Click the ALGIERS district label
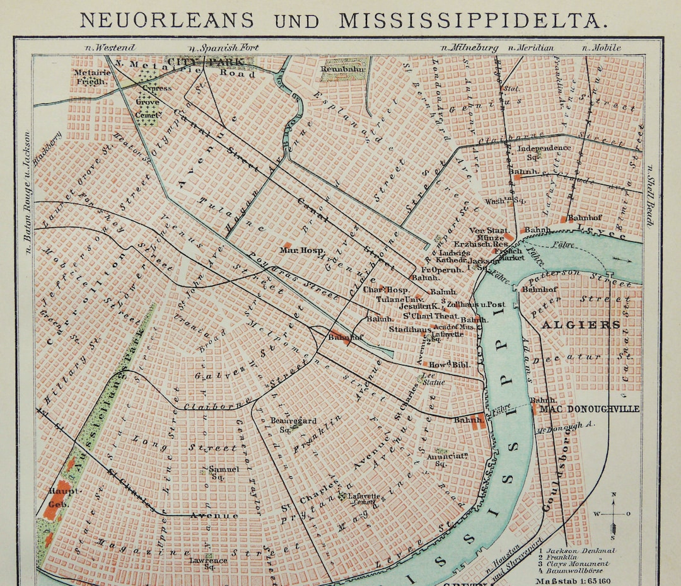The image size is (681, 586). click(580, 325)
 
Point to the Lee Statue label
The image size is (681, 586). click(434, 379)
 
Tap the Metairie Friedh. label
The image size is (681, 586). click(91, 76)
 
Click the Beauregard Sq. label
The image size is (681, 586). click(284, 424)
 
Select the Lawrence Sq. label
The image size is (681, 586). click(209, 563)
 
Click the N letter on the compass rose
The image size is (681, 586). click(614, 495)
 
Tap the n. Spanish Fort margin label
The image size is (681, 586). click(223, 47)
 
